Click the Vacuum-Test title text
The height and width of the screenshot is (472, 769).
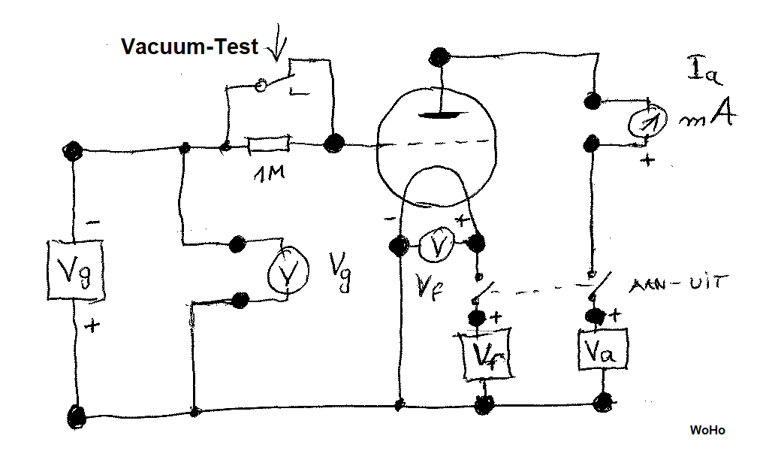coord(189,47)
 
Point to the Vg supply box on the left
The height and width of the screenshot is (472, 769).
coord(74,270)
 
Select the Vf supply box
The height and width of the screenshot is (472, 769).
coord(484,354)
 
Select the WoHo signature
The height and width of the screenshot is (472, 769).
coord(707,431)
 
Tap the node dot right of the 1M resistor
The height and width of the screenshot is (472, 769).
coord(332,141)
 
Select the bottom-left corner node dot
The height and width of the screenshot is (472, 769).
coord(76,414)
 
